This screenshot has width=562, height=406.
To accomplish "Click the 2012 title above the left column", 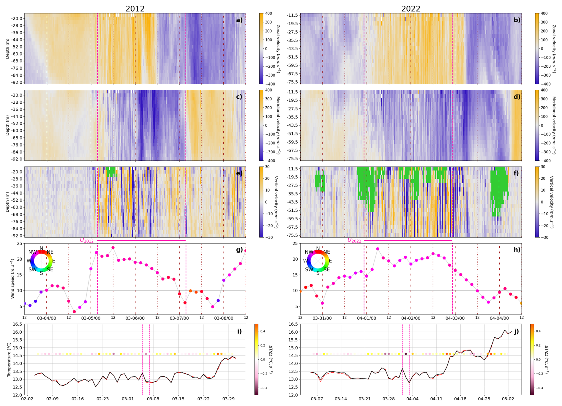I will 135,9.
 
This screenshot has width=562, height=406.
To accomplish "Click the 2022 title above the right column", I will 411,9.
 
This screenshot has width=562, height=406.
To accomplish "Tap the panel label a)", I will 239,20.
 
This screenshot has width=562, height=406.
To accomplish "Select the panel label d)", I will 517,97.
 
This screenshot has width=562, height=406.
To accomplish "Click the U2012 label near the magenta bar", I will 87,240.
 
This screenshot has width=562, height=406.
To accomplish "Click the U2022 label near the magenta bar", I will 354,240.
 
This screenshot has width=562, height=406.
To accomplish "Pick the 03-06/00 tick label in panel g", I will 135,318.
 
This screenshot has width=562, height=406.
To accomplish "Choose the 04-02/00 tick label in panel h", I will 411,318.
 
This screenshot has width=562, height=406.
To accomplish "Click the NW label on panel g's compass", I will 33,252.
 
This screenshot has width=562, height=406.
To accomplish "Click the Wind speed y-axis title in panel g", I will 12,279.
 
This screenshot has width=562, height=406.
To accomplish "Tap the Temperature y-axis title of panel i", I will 9,360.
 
